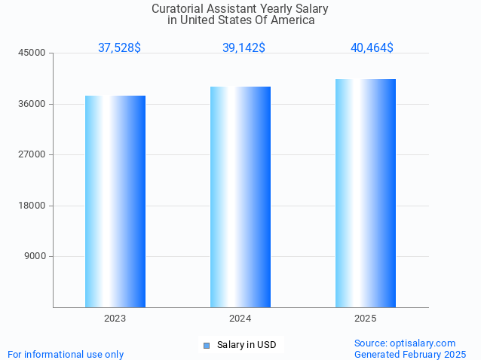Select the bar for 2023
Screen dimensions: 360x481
(115, 201)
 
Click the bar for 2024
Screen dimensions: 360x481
(240, 197)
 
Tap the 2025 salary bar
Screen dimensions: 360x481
(366, 193)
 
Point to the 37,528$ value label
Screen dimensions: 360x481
(119, 47)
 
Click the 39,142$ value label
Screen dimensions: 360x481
(244, 47)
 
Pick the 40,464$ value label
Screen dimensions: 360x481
(372, 47)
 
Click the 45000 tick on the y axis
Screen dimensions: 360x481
(33, 53)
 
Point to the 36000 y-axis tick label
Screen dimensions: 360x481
(33, 104)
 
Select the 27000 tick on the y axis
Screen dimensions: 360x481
(33, 155)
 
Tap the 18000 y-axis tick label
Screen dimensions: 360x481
(33, 206)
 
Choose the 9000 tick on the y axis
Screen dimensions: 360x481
(35, 257)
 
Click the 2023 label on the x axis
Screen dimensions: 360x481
(115, 319)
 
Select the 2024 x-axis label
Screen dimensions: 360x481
(240, 319)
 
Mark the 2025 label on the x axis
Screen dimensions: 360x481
(366, 319)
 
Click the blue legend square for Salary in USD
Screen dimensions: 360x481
(206, 346)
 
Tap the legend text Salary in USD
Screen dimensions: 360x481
(247, 345)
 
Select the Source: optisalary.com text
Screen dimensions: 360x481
(405, 343)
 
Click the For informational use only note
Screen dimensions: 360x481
(66, 354)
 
